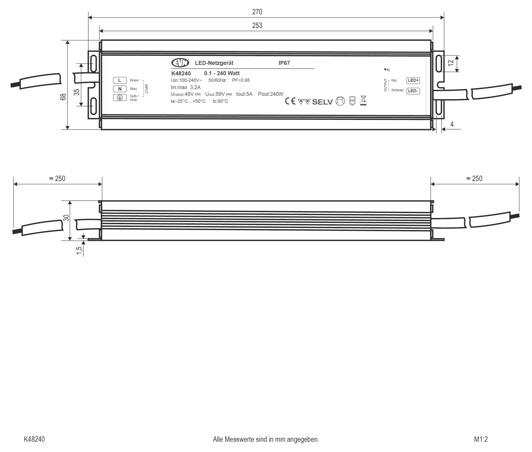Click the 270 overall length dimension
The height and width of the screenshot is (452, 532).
[257, 12]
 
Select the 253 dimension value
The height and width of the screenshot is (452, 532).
[257, 25]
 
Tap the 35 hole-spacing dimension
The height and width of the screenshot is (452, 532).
[77, 92]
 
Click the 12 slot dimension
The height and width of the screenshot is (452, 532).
[450, 63]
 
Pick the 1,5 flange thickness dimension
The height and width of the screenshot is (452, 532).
[79, 250]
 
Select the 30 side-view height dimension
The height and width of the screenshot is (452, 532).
[66, 218]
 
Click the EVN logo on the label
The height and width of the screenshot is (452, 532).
[180, 63]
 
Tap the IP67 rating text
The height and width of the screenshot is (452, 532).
[284, 63]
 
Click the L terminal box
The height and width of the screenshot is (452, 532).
[120, 80]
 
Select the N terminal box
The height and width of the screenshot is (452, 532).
[120, 89]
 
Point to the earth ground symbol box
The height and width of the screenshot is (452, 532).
[120, 98]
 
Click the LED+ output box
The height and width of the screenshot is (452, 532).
[413, 80]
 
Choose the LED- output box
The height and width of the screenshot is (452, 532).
[413, 91]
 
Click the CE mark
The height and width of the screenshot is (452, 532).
[290, 101]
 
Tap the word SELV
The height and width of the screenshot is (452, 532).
[322, 102]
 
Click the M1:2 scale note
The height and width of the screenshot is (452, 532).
[481, 439]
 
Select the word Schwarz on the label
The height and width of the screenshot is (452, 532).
[397, 90]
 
